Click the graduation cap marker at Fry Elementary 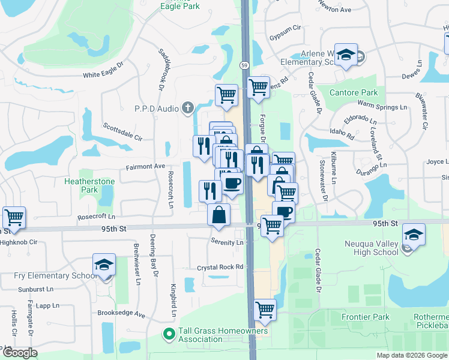[x=104, y=265]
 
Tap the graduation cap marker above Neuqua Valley [x=414, y=235]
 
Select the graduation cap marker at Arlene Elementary [x=346, y=55]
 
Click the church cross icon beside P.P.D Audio [x=187, y=108]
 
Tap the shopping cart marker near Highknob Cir [x=14, y=217]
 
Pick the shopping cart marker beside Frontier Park [x=265, y=310]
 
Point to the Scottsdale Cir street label [x=122, y=131]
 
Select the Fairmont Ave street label [x=145, y=166]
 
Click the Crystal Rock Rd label [x=221, y=267]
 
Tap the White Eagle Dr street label [x=103, y=74]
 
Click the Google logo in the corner [x=20, y=352]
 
